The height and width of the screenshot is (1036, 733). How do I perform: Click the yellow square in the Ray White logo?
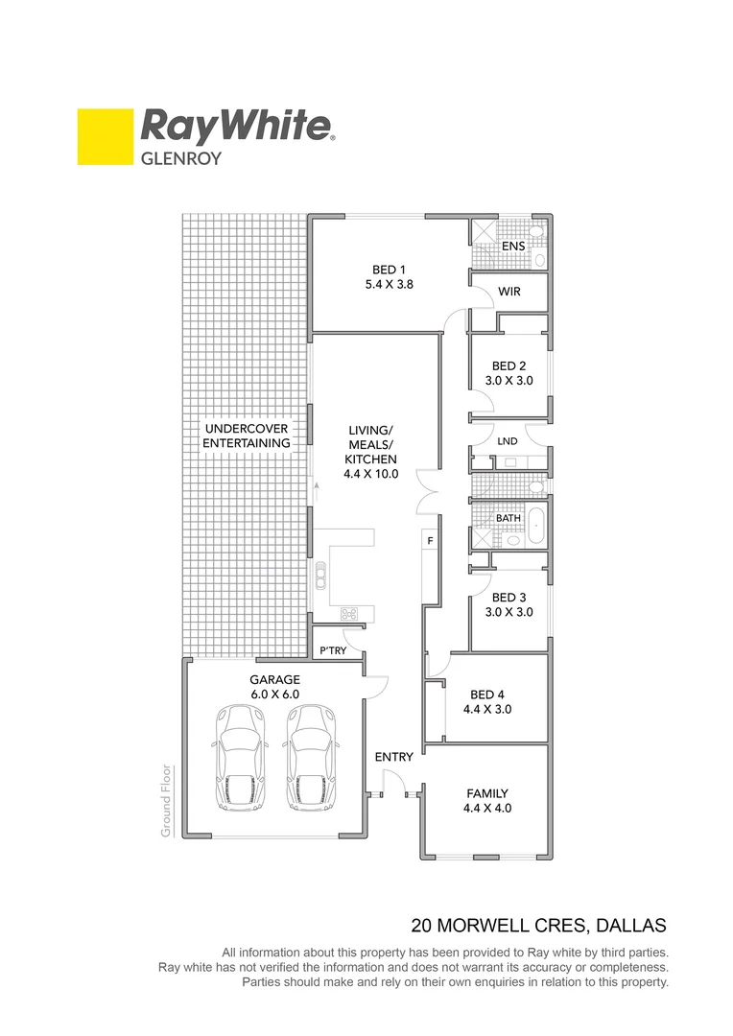(x=105, y=136)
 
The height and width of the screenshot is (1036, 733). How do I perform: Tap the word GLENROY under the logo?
(x=181, y=158)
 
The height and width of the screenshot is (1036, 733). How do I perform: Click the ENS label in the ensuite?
(x=513, y=247)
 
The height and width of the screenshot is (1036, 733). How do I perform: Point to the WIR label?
(x=509, y=292)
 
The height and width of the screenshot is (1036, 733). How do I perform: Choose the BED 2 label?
(x=508, y=365)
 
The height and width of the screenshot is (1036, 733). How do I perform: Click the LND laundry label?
(x=508, y=441)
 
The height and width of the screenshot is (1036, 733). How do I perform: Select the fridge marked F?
(x=431, y=542)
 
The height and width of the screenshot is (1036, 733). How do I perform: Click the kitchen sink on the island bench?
(x=320, y=576)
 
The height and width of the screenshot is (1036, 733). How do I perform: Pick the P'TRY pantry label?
(x=333, y=650)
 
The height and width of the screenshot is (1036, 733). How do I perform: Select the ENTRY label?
(x=393, y=757)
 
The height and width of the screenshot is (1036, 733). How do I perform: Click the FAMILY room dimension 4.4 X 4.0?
(x=487, y=809)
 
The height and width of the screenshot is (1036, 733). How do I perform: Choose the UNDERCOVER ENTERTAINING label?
(x=247, y=436)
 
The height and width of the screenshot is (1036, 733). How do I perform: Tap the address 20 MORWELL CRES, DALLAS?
(x=538, y=926)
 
